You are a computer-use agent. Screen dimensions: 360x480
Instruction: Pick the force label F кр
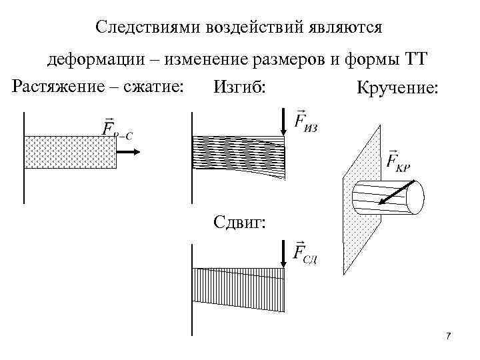click(398, 161)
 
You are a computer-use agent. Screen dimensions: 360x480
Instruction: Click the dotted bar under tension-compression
click(70, 152)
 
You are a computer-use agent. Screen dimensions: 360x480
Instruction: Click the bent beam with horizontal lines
click(239, 156)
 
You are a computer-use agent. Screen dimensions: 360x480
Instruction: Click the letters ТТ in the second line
click(415, 61)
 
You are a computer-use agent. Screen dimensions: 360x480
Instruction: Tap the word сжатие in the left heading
click(157, 87)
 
